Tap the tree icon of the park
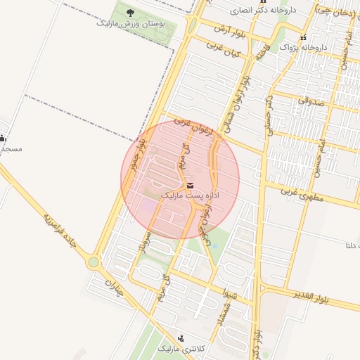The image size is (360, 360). coord(129,12)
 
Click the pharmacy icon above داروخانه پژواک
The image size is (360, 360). coord(303,38)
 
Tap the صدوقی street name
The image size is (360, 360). coord(309,100)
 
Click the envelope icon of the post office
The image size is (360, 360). coord(192,185)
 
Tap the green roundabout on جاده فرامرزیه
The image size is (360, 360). coord(94,262)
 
